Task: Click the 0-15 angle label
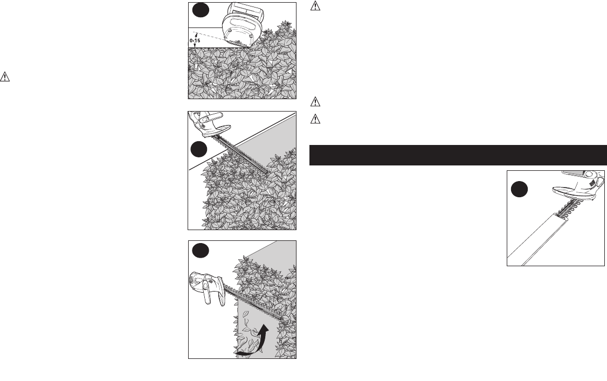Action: [x=195, y=40]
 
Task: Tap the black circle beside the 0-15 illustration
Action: [x=201, y=10]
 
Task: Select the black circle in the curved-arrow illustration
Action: [x=201, y=250]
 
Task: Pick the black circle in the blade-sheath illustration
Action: [x=519, y=190]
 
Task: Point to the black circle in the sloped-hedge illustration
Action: [x=199, y=149]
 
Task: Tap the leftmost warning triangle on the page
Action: [x=5, y=77]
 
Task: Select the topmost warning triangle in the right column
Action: [x=315, y=6]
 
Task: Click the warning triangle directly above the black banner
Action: [x=315, y=119]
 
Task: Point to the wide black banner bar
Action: [x=458, y=155]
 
